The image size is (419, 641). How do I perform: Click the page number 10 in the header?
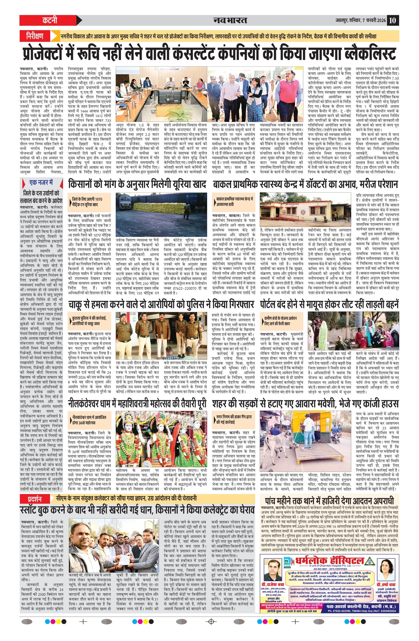(392, 20)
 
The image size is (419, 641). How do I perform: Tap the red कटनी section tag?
(50, 20)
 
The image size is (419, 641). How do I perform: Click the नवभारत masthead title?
(230, 20)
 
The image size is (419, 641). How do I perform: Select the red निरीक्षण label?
(35, 36)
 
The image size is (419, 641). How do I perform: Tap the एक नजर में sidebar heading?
(41, 183)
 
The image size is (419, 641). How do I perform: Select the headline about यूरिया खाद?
(137, 184)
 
